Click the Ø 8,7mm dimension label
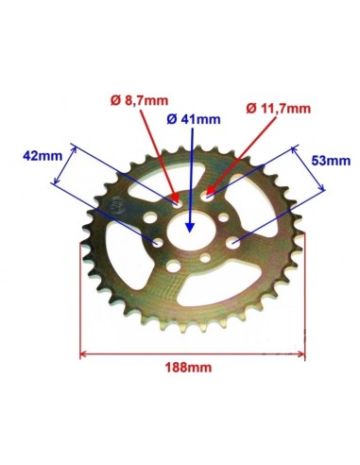(x=139, y=101)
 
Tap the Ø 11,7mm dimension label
(x=279, y=109)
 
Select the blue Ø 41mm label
(x=194, y=119)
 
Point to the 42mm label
(x=43, y=156)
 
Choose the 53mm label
(x=331, y=161)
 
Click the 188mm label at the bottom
(x=188, y=368)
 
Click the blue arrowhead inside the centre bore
(x=189, y=227)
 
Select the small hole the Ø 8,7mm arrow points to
(x=177, y=205)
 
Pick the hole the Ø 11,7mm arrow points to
(x=207, y=197)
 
